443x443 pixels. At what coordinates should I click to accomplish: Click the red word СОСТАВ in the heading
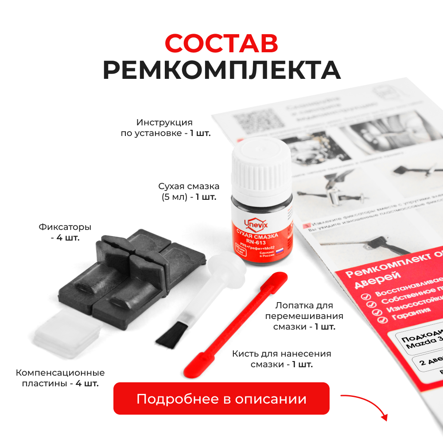coord(221,43)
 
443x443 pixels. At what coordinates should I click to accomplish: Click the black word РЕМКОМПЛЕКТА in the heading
coord(221,70)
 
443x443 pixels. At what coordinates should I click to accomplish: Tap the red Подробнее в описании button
coord(221,399)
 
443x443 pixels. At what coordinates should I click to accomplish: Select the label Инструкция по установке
coord(165,128)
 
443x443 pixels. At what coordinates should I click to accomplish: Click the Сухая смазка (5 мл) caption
coord(189,191)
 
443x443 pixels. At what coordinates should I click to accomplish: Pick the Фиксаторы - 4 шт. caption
coord(65,233)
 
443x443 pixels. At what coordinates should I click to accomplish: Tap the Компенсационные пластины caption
coord(60,378)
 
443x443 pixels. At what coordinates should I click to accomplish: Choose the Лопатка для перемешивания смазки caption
coord(304,316)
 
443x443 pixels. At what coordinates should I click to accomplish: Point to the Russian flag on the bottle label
coord(280,251)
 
